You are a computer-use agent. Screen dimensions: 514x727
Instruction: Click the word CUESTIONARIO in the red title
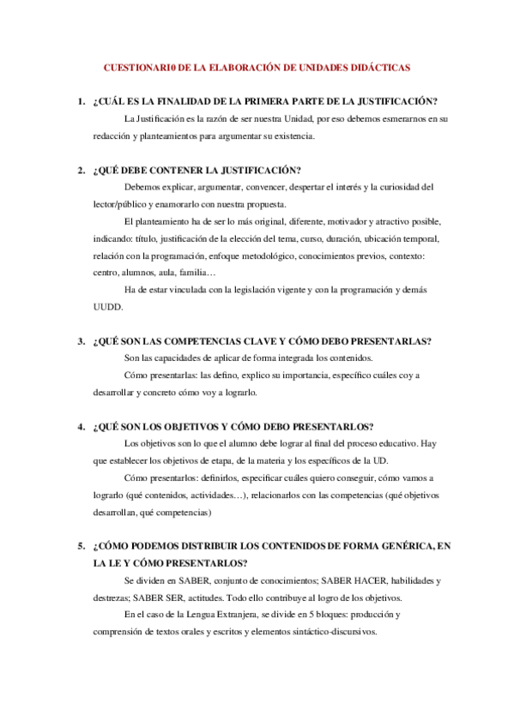click(140, 66)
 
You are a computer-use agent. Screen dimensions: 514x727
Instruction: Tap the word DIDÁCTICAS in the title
click(380, 66)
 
